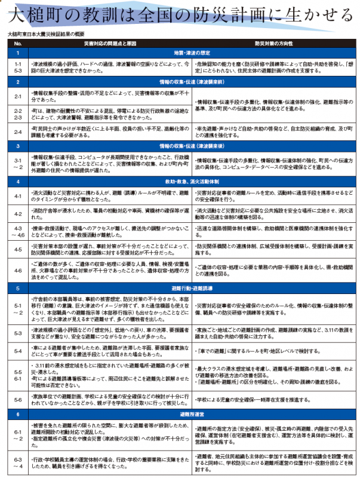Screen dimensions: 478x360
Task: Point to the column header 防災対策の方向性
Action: point(274,44)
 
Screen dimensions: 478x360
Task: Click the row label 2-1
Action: point(18,96)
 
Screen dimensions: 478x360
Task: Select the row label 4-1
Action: point(18,195)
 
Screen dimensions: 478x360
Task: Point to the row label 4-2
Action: point(18,213)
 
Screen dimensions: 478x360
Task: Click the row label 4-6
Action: point(18,269)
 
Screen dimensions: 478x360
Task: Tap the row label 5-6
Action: point(18,398)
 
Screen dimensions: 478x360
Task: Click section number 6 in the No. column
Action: point(18,413)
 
